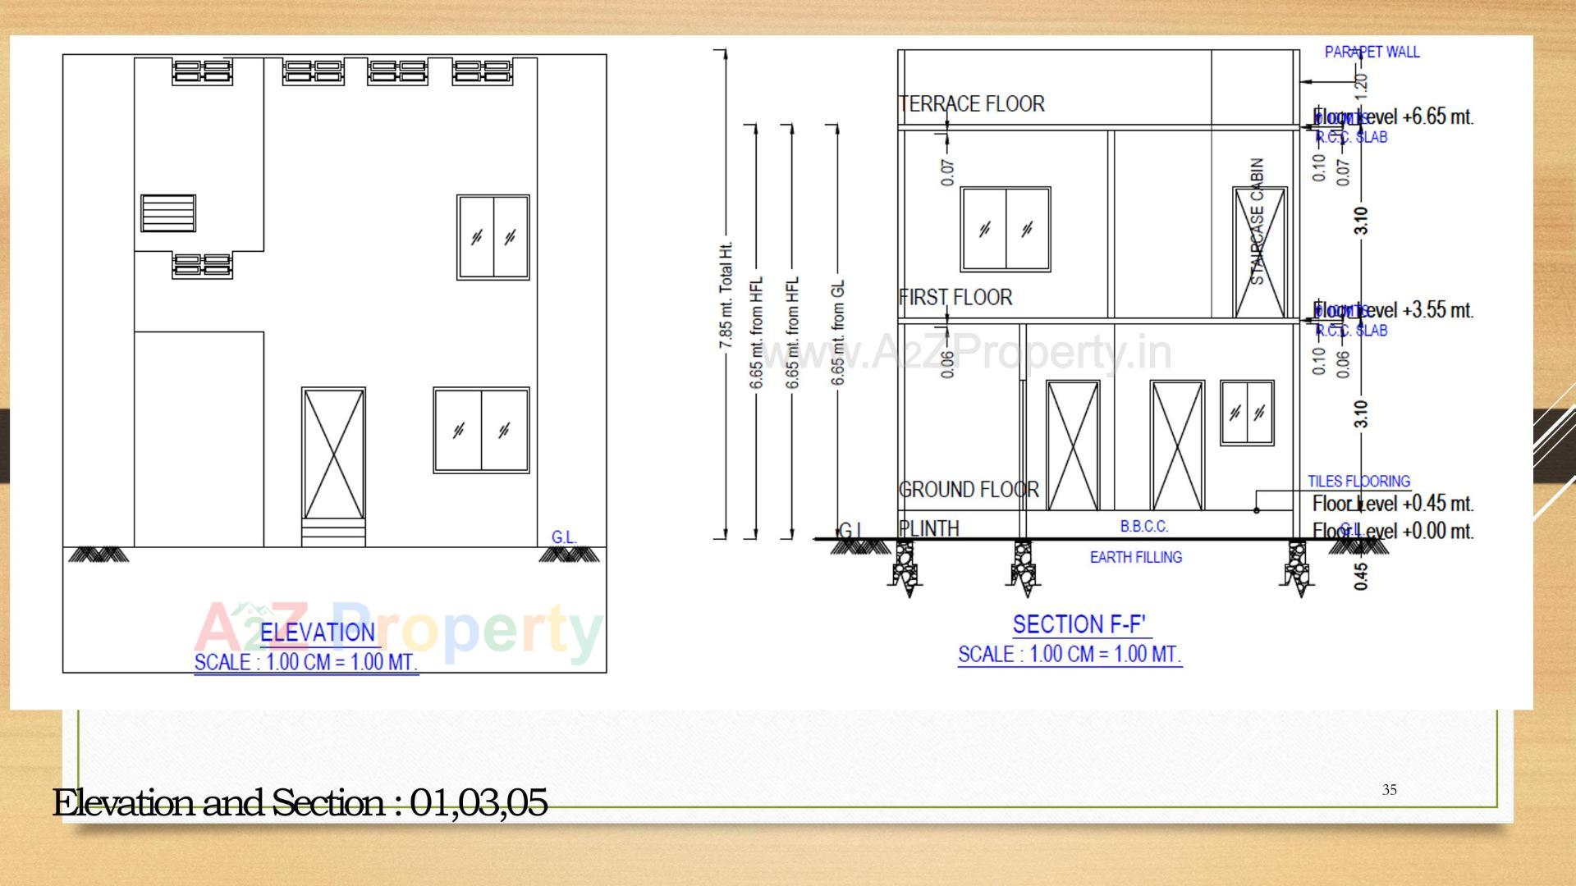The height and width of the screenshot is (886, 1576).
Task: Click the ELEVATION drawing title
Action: tap(318, 633)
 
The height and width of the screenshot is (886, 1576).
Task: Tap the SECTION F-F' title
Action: tap(1079, 625)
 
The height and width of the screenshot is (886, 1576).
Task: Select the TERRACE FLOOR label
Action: tap(972, 104)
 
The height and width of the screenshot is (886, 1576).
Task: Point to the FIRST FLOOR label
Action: tap(956, 297)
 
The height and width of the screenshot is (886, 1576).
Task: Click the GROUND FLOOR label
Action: tap(969, 490)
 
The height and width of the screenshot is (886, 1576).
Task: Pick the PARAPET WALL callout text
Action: tap(1372, 52)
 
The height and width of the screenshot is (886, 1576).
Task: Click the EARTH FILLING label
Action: tap(1136, 558)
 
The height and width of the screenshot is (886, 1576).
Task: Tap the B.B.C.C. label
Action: tap(1144, 526)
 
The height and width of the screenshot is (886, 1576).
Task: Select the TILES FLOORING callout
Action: tap(1358, 481)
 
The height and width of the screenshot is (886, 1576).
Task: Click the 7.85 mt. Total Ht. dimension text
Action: tap(726, 295)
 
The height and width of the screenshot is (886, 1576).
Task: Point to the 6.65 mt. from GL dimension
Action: tap(838, 332)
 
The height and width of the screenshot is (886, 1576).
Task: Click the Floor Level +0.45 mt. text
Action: tap(1392, 503)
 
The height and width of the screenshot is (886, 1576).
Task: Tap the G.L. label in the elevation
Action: tap(564, 537)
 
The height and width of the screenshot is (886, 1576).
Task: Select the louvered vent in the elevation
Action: tap(168, 213)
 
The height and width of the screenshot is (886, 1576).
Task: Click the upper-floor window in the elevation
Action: tap(493, 237)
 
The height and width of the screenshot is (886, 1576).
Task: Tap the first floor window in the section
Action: tap(1006, 230)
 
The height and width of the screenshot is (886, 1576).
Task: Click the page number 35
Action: tap(1389, 790)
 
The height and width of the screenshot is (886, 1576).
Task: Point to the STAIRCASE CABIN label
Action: tap(1258, 221)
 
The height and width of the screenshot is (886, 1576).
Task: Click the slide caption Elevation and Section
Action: tap(300, 802)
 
